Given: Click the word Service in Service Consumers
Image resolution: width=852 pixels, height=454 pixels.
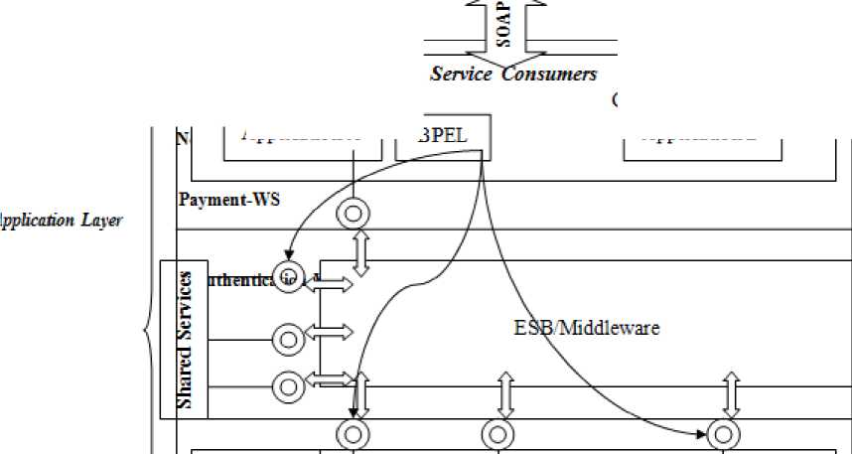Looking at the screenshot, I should pyautogui.click(x=461, y=75).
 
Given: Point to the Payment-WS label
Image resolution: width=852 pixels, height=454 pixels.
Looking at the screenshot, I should pyautogui.click(x=229, y=199).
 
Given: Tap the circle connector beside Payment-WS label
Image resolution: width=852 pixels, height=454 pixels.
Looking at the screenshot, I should pyautogui.click(x=354, y=212).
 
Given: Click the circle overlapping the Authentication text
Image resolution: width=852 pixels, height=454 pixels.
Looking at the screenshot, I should pyautogui.click(x=288, y=275).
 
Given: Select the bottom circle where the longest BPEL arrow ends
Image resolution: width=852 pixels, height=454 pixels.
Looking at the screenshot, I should pyautogui.click(x=723, y=435).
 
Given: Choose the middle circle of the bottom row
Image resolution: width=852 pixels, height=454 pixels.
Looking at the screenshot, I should pyautogui.click(x=497, y=435).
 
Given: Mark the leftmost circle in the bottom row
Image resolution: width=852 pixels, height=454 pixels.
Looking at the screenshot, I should pyautogui.click(x=354, y=435).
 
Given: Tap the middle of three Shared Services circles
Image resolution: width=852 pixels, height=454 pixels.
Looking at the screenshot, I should pyautogui.click(x=288, y=339).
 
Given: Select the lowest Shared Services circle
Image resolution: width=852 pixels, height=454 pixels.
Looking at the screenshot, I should pyautogui.click(x=288, y=384).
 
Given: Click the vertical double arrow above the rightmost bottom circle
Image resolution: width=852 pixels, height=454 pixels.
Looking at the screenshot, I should pyautogui.click(x=732, y=394).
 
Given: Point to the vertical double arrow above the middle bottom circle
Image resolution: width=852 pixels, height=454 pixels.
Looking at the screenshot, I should pyautogui.click(x=505, y=394).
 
